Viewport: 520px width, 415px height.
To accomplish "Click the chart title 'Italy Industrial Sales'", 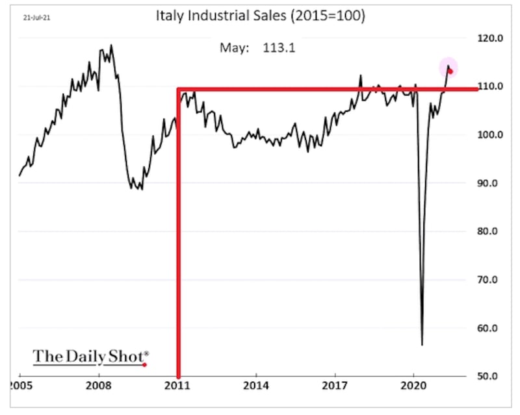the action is click(x=221, y=16).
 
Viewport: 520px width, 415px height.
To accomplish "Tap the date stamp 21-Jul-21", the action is click(x=36, y=18).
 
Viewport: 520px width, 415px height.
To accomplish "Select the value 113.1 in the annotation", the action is click(x=279, y=47).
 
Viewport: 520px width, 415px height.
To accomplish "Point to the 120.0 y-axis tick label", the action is click(x=490, y=38).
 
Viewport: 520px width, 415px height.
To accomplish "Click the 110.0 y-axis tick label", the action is click(x=490, y=86).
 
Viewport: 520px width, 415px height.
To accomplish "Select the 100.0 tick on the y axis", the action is click(x=490, y=134).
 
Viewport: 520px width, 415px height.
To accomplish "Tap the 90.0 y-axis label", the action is click(x=487, y=183).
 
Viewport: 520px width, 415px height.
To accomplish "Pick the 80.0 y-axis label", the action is click(x=487, y=231).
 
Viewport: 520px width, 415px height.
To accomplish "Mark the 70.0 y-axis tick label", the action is click(x=487, y=280).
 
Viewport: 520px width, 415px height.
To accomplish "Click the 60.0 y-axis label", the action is click(x=487, y=328).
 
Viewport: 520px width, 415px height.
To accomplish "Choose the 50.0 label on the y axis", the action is click(x=487, y=376).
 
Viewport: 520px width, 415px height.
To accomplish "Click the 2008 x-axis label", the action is click(x=99, y=386).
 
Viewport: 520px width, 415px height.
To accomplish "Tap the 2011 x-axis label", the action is click(x=177, y=386).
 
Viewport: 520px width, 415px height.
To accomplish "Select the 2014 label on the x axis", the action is click(x=256, y=386).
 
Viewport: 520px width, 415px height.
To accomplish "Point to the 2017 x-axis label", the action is click(x=335, y=386).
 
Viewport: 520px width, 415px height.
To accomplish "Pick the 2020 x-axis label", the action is click(x=413, y=386).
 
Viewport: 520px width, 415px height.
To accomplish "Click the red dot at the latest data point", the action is click(x=450, y=71).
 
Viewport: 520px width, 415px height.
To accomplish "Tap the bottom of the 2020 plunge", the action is click(x=422, y=345).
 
